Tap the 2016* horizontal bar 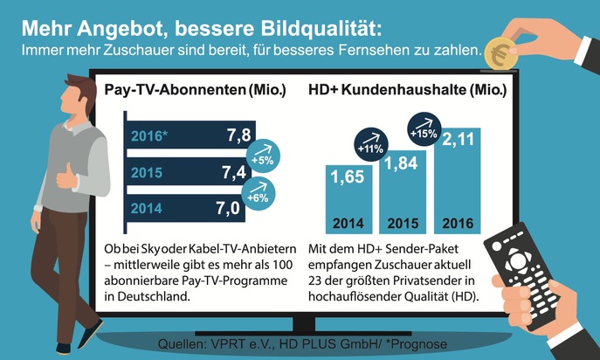tap(183, 136)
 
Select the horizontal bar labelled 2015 tap(183, 172)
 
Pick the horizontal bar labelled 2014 tap(183, 208)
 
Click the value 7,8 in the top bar tap(238, 135)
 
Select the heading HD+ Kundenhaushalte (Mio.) tap(408, 90)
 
